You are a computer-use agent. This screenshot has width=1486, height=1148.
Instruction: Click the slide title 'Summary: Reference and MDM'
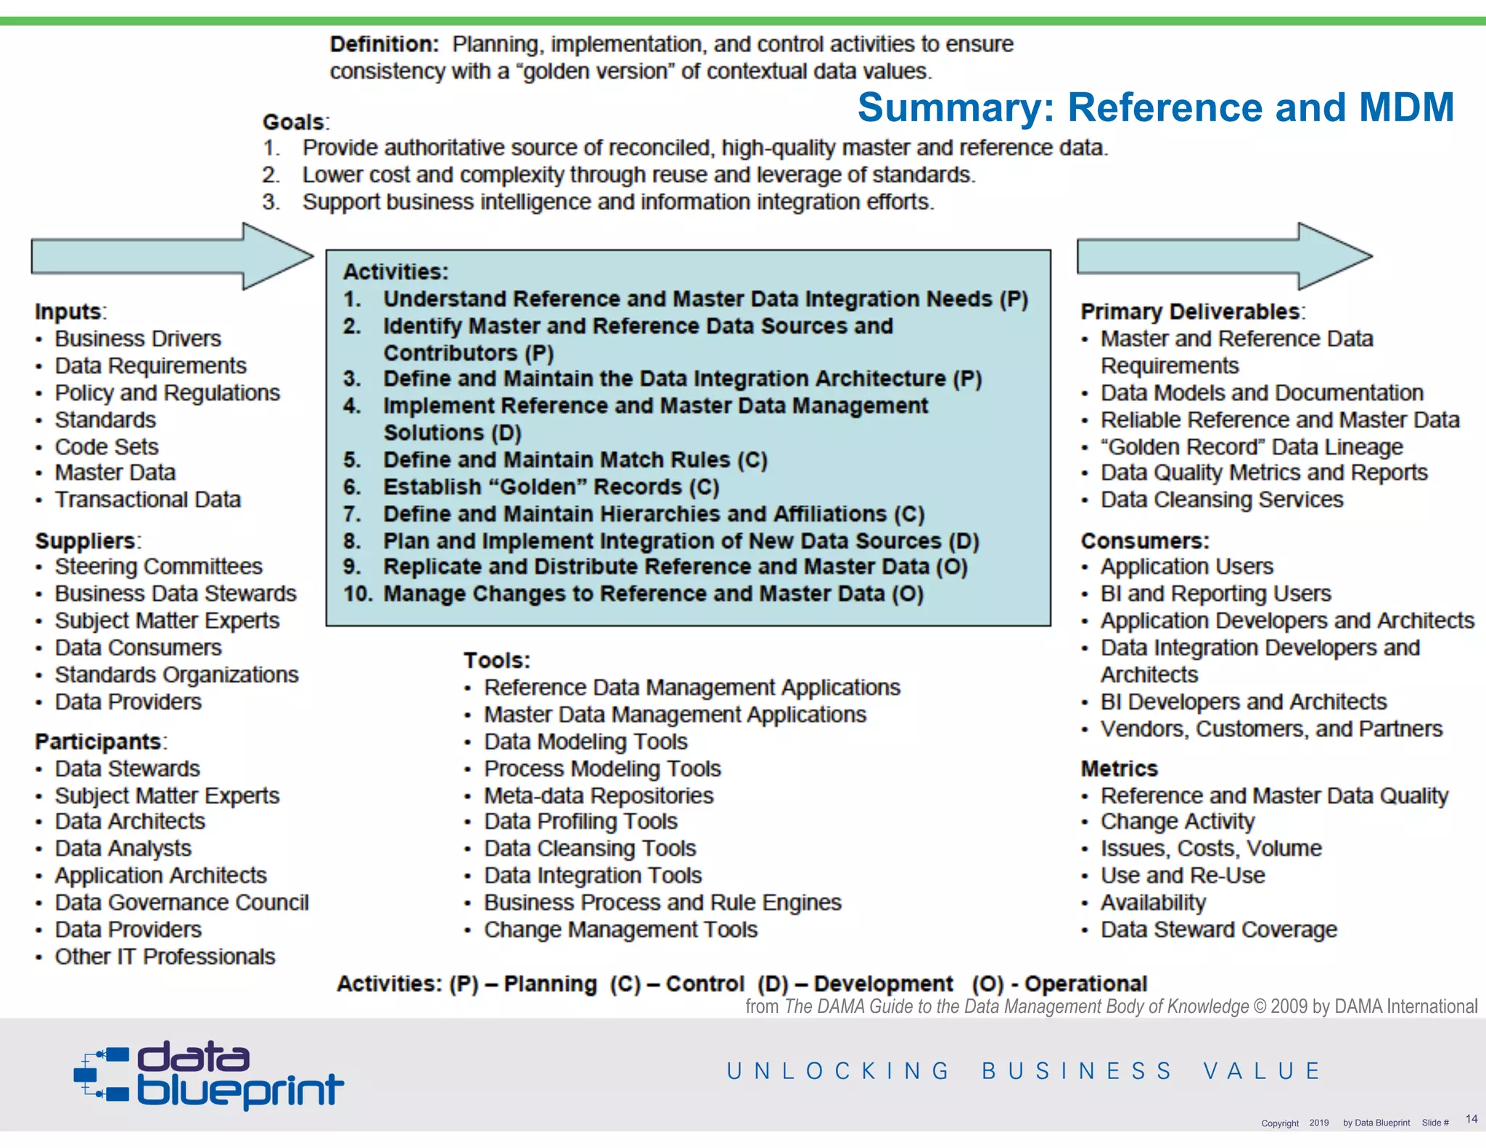pos(1155,107)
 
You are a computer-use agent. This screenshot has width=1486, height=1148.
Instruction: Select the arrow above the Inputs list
pos(171,256)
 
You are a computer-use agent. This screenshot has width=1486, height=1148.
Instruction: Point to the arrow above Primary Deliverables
pos(1223,256)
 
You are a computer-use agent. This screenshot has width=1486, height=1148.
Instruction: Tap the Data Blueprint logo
pos(209,1074)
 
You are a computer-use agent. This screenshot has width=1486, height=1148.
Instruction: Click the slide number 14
pos(1471,1119)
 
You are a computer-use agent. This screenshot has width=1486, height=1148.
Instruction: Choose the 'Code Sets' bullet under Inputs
pos(106,446)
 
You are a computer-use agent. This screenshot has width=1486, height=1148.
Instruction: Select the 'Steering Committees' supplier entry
pos(158,566)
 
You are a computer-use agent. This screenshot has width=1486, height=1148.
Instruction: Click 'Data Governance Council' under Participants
pos(181,902)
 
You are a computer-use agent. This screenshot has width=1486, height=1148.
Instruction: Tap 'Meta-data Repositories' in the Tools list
pos(599,795)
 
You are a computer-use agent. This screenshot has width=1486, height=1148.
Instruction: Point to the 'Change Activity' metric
pos(1177,821)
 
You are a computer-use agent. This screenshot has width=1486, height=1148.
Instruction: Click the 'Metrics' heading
pos(1119,768)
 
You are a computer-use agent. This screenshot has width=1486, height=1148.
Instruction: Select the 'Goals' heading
pos(295,122)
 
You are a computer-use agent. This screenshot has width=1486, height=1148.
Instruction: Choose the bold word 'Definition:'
pos(384,44)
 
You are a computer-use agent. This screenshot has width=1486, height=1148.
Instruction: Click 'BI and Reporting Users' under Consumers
pos(1215,594)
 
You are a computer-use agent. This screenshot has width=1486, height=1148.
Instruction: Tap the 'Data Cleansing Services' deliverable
pos(1221,499)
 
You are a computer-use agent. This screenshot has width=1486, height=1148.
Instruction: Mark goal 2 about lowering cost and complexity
pos(638,175)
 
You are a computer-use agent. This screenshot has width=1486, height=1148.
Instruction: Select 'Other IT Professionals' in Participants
pos(165,956)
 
